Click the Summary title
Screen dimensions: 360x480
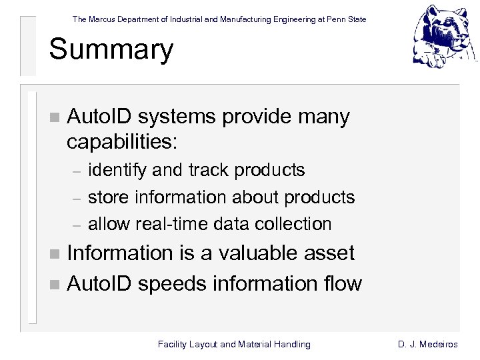(111, 50)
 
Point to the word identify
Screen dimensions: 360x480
(117, 171)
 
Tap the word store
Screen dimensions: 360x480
(109, 197)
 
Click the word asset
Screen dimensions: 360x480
(328, 253)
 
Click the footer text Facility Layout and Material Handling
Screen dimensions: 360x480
(234, 344)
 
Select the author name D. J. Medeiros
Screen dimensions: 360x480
(427, 344)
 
